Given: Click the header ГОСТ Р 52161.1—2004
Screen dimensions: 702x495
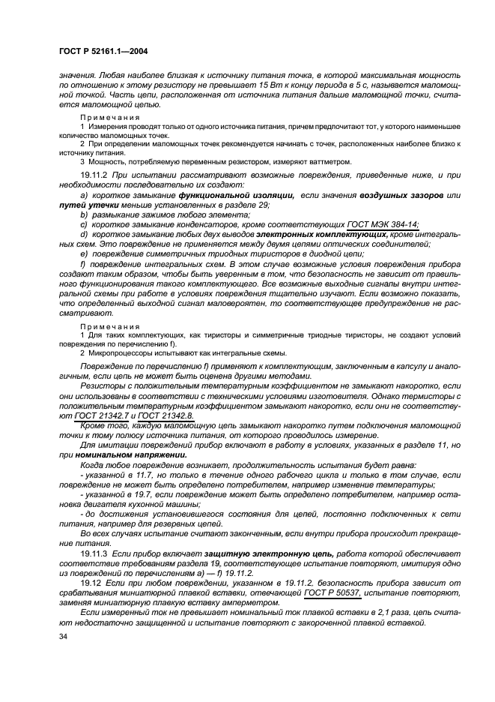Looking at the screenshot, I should point(97,50).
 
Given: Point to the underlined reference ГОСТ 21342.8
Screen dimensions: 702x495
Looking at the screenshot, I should point(166,415).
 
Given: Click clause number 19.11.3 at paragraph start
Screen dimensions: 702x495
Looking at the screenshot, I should point(95,552).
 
